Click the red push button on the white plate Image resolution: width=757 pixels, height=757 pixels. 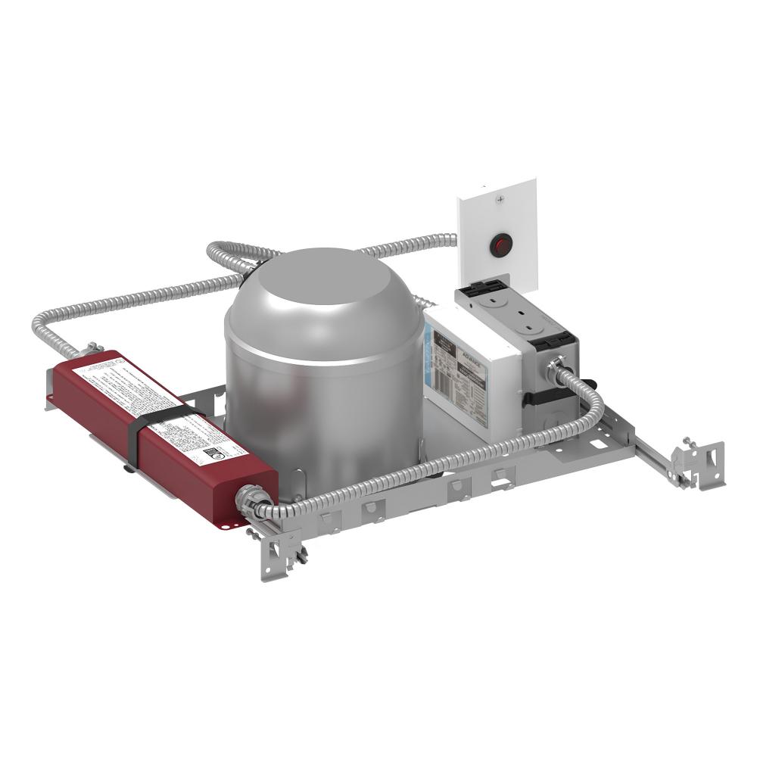(497, 245)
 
